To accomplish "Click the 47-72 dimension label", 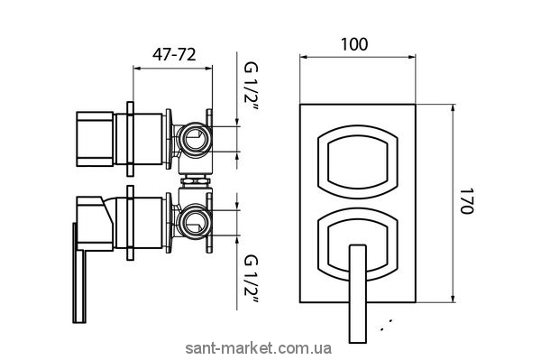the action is [174, 54].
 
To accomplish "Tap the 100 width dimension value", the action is [354, 44].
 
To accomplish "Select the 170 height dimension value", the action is [466, 201].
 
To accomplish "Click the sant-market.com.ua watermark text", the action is [259, 348].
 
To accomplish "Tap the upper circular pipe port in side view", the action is [193, 140].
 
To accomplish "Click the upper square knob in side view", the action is [95, 139].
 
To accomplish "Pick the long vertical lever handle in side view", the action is [79, 272].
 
